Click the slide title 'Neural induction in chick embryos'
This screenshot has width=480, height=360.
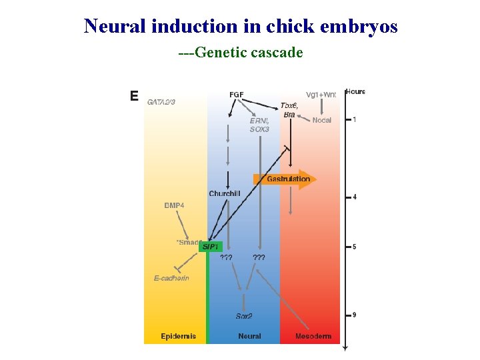coord(240,26)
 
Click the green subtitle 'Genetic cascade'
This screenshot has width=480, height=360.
coord(241,52)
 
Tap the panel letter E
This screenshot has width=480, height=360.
coord(134,96)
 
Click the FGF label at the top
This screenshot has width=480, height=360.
coord(237,95)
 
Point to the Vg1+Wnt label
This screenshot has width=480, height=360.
coord(321,95)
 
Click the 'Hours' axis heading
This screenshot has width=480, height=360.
coord(355,91)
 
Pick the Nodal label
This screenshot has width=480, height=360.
coord(321,120)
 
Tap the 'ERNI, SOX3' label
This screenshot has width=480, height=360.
coord(259,125)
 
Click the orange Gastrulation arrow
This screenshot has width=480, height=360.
coord(284,179)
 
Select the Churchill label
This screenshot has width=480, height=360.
coord(225,194)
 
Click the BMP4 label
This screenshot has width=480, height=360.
coord(175,205)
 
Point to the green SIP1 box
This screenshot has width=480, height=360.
coord(211,247)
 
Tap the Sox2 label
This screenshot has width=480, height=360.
coord(244,316)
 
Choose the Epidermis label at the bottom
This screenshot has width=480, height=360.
coord(179,336)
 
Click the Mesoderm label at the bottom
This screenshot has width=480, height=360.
coord(313,336)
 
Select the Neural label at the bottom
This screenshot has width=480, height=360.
coord(249,336)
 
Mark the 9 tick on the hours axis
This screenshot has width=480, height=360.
coord(354,315)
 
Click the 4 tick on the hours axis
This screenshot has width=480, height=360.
coord(354,197)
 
